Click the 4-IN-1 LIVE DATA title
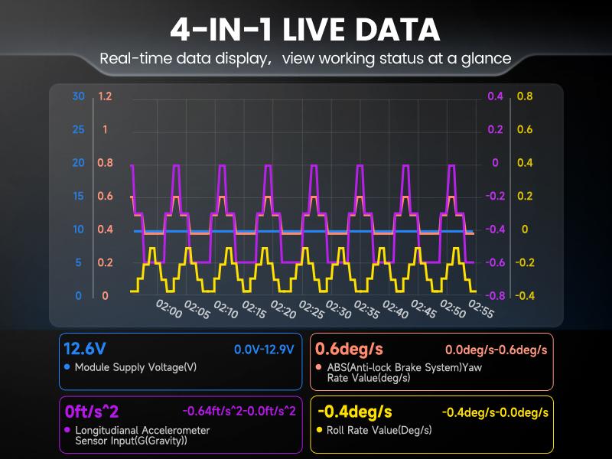305,29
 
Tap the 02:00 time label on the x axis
169,310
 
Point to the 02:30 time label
338,310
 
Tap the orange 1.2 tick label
105,96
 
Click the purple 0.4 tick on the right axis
496,96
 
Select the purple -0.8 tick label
496,296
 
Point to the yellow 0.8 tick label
525,96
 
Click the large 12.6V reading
85,349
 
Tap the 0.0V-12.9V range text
264,350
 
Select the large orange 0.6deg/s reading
349,349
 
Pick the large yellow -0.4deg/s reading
354,412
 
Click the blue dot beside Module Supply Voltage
67,367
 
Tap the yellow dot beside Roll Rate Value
319,430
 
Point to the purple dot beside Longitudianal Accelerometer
67,430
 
